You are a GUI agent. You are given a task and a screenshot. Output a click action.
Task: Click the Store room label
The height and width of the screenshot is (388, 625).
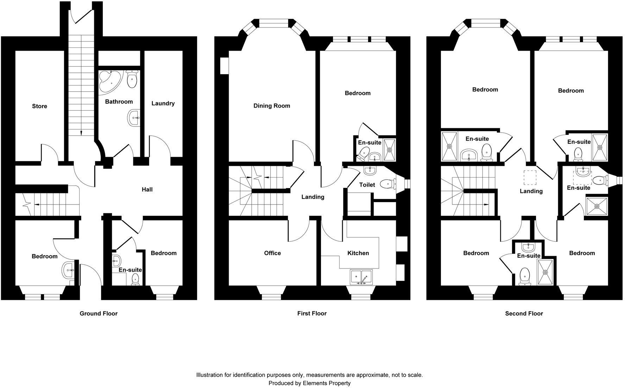pos(39,106)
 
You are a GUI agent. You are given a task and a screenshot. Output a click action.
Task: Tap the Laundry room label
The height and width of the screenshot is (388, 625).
pos(163,103)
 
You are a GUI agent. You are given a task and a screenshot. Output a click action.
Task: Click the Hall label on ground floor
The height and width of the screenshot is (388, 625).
pos(147,189)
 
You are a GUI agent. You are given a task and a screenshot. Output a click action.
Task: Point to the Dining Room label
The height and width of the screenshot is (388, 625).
pos(272,106)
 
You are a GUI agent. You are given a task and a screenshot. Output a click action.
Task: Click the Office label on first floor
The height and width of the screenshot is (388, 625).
pos(272,253)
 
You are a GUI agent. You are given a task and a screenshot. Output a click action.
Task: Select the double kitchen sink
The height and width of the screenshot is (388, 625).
pos(362,277)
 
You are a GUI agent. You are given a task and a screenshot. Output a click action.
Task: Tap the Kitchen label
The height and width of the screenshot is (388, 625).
pos(358,253)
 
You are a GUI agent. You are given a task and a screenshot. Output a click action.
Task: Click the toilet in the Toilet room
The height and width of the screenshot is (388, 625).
pos(387,183)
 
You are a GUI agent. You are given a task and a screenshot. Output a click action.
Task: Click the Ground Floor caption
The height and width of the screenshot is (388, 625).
pos(99,313)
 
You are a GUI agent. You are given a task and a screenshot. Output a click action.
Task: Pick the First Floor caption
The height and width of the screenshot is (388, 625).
pos(312,313)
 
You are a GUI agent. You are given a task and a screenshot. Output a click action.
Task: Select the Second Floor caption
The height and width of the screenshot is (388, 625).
pos(524,313)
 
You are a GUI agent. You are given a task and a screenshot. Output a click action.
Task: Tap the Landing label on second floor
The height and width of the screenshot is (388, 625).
pos(531,191)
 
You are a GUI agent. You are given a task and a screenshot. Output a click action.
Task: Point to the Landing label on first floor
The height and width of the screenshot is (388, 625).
pos(313,197)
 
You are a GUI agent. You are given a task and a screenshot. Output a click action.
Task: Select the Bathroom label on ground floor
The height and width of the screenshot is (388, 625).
pos(119,102)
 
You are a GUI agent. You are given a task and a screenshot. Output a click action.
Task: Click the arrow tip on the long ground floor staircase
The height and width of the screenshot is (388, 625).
pos(81,134)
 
